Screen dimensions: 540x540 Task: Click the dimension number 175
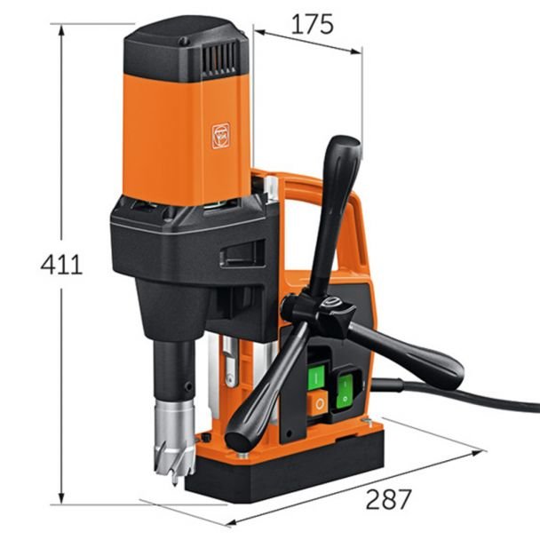click(313, 25)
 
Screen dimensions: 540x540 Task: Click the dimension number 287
click(388, 499)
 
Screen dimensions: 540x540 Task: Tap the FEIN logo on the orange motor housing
click(220, 136)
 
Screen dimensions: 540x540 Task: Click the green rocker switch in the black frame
click(345, 391)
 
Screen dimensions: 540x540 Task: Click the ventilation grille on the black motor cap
click(219, 59)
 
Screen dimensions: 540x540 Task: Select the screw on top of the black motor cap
click(184, 42)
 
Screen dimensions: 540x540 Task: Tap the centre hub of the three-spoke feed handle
click(331, 305)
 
